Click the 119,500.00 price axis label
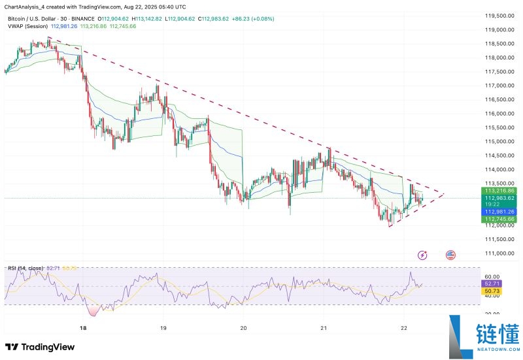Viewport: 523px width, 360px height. [499, 16]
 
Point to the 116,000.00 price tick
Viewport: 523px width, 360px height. [499, 114]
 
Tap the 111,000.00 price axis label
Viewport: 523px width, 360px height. [499, 254]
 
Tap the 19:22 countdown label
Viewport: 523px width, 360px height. [492, 204]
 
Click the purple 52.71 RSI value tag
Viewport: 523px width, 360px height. [492, 284]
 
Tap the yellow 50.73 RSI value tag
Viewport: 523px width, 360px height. [492, 291]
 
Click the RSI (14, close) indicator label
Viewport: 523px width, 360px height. [25, 269]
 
